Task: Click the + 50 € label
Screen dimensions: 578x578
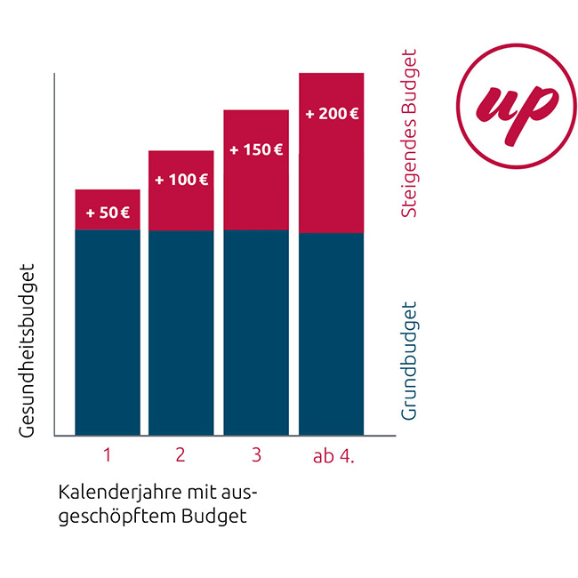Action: (x=108, y=213)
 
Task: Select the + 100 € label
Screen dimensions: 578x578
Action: (x=181, y=180)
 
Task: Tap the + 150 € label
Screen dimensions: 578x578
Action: (x=256, y=150)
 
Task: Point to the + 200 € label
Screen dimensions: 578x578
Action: (x=332, y=115)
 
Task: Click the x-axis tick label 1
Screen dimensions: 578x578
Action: (x=107, y=456)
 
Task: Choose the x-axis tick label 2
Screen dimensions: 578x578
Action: (x=181, y=456)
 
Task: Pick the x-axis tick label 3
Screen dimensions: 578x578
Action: (x=256, y=456)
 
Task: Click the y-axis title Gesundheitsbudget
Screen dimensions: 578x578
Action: (x=27, y=349)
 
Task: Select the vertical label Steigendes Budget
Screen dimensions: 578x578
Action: (x=409, y=133)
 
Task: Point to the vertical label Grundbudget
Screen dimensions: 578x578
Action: (x=409, y=361)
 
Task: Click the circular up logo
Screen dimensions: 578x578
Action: (x=510, y=104)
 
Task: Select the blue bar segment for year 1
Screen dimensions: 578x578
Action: (x=108, y=333)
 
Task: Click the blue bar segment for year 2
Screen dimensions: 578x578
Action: (x=181, y=333)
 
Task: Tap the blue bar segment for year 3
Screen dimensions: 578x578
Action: (x=256, y=333)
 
